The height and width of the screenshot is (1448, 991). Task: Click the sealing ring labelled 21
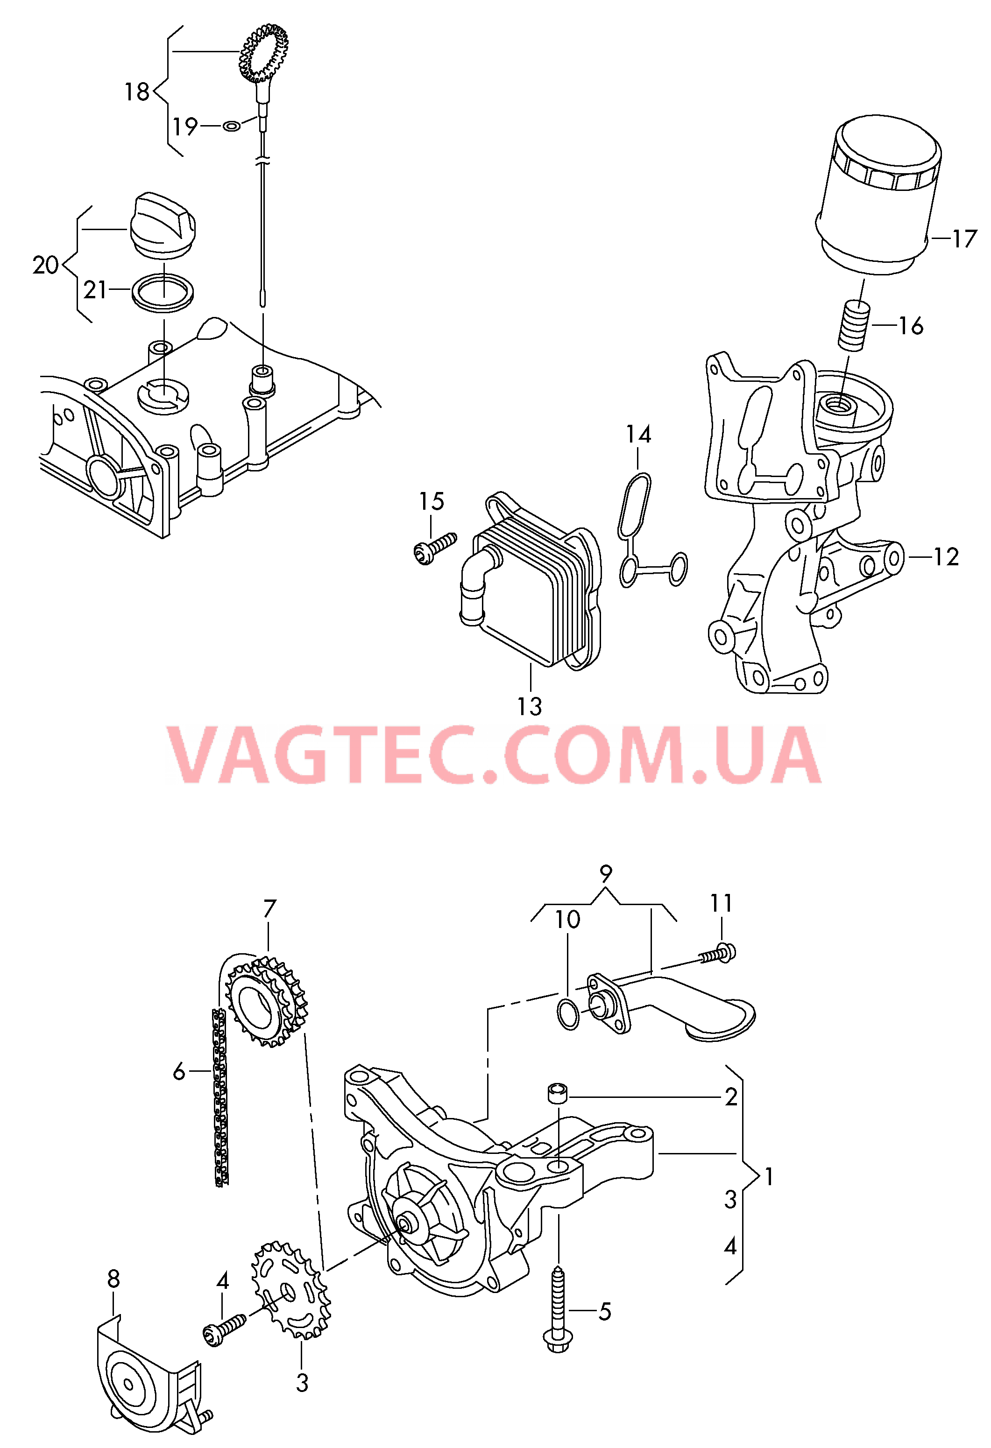point(163,290)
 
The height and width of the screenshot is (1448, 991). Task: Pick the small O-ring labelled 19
point(231,127)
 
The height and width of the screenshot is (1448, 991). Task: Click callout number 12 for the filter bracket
point(946,556)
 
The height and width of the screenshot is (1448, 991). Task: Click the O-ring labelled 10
point(568,1017)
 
